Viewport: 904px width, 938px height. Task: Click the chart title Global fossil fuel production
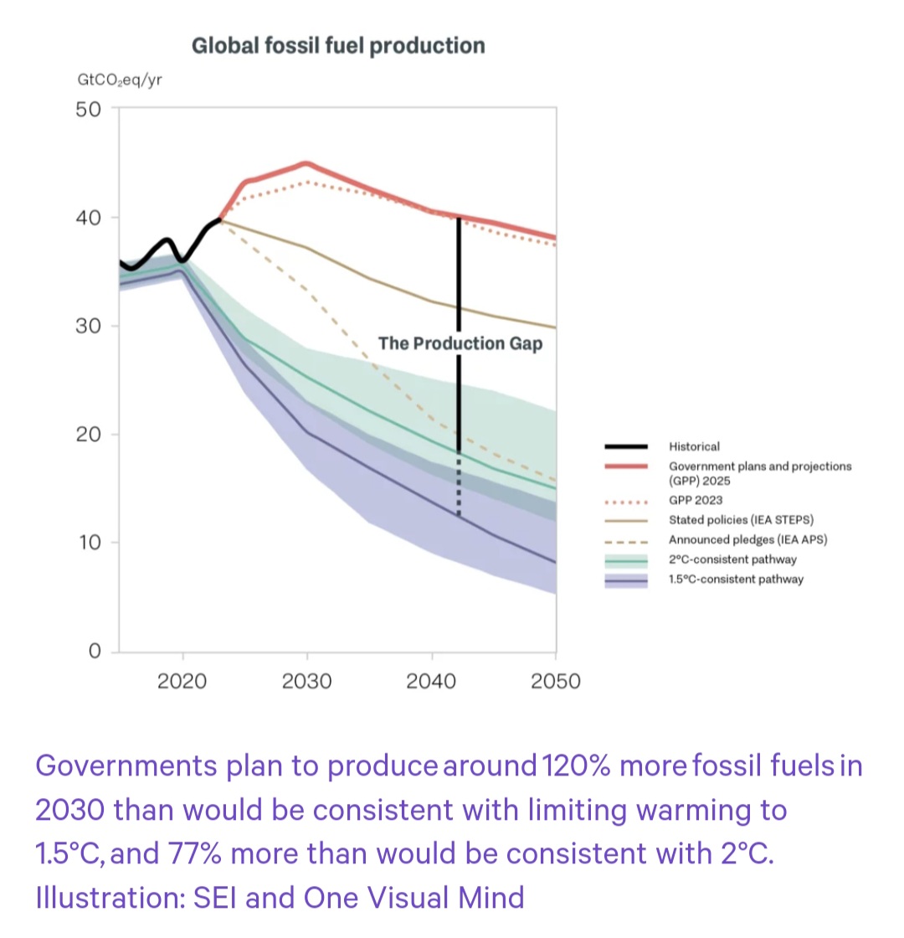pos(338,45)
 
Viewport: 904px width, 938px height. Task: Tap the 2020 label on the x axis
pos(182,681)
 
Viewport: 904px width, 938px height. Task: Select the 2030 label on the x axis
pos(307,681)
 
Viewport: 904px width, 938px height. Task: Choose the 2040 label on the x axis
pos(431,681)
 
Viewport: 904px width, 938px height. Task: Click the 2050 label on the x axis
pos(556,681)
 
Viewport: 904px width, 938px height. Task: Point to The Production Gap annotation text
pos(460,344)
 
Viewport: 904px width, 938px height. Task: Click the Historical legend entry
pos(694,447)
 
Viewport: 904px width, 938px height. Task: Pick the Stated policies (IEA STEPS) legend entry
pos(741,520)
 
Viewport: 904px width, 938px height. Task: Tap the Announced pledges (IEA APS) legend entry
pos(747,539)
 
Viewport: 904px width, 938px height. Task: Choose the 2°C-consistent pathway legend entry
pos(732,559)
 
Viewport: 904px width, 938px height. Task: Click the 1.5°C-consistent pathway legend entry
pos(736,579)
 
